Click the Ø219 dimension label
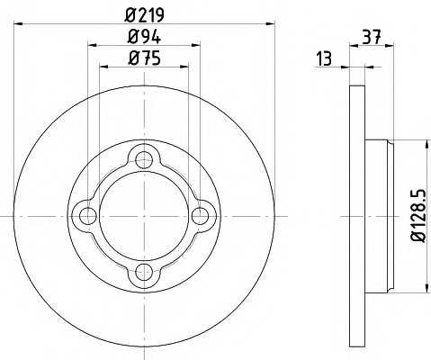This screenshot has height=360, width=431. click(145, 15)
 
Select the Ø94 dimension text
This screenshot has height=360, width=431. click(145, 37)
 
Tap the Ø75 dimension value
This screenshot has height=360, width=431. click(145, 58)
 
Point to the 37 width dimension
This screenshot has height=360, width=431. click(372, 37)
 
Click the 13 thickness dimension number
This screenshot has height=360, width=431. click(324, 58)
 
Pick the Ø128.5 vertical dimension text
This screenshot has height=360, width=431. click(418, 215)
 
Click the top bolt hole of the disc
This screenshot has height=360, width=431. click(144, 159)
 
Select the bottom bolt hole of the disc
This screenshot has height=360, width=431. click(144, 272)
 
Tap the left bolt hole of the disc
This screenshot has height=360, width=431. click(88, 216)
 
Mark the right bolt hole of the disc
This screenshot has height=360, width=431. click(201, 216)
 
